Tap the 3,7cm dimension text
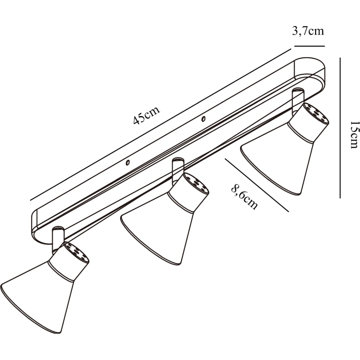(x=308, y=31)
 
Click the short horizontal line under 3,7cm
(x=310, y=46)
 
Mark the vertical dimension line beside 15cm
(x=340, y=128)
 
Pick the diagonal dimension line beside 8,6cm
(x=257, y=185)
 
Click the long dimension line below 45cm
(x=161, y=125)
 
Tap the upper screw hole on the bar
(x=203, y=119)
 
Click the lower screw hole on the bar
(x=128, y=163)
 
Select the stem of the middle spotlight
(x=178, y=170)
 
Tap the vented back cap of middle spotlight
(x=196, y=183)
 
